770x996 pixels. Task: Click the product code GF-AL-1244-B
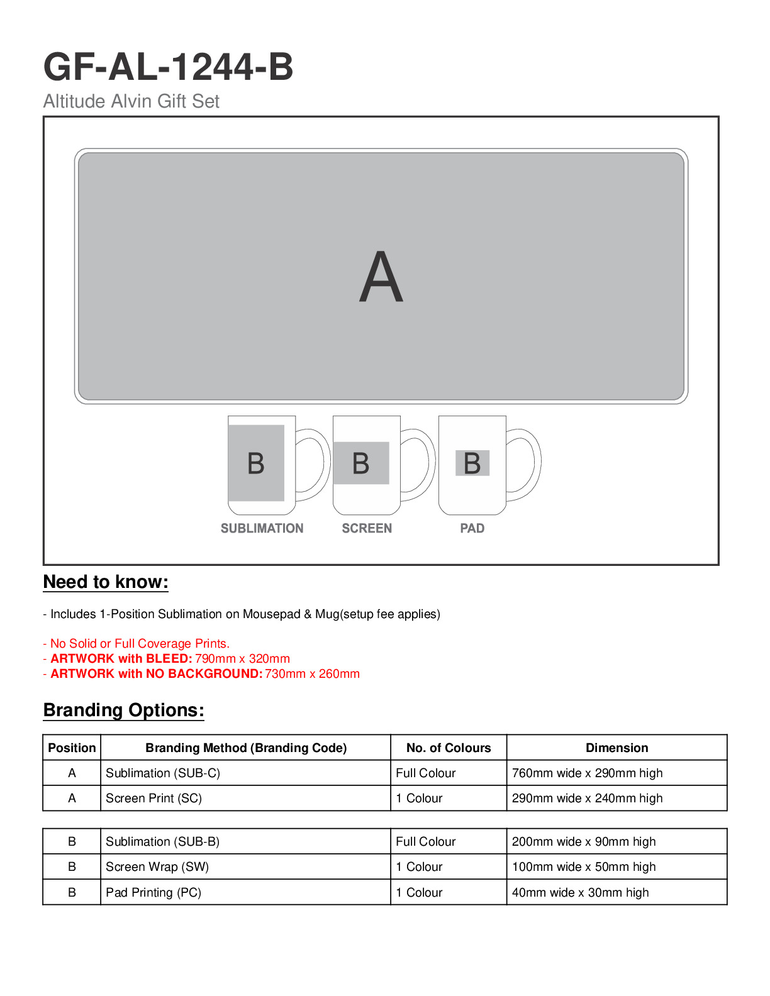(x=168, y=67)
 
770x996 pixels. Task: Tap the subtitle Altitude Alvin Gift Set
(x=131, y=101)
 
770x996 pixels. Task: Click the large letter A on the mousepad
(x=381, y=277)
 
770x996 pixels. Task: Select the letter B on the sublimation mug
(x=256, y=463)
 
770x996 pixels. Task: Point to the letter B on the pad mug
(x=472, y=463)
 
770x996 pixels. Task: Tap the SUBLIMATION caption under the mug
(x=262, y=528)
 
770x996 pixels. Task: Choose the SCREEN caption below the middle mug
(x=367, y=528)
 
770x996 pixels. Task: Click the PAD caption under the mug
(x=472, y=528)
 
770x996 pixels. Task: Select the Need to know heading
(x=106, y=582)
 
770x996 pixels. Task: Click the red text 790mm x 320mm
(x=242, y=658)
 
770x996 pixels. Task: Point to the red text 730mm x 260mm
(x=312, y=673)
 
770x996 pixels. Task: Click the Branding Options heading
(x=123, y=710)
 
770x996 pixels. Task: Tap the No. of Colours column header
(x=449, y=748)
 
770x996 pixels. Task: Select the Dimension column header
(x=617, y=748)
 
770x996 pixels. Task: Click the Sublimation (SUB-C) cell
(x=163, y=773)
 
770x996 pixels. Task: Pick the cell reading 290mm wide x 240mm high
(x=587, y=798)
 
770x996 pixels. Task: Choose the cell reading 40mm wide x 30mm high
(x=580, y=892)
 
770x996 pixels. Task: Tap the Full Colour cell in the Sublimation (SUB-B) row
(x=425, y=841)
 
